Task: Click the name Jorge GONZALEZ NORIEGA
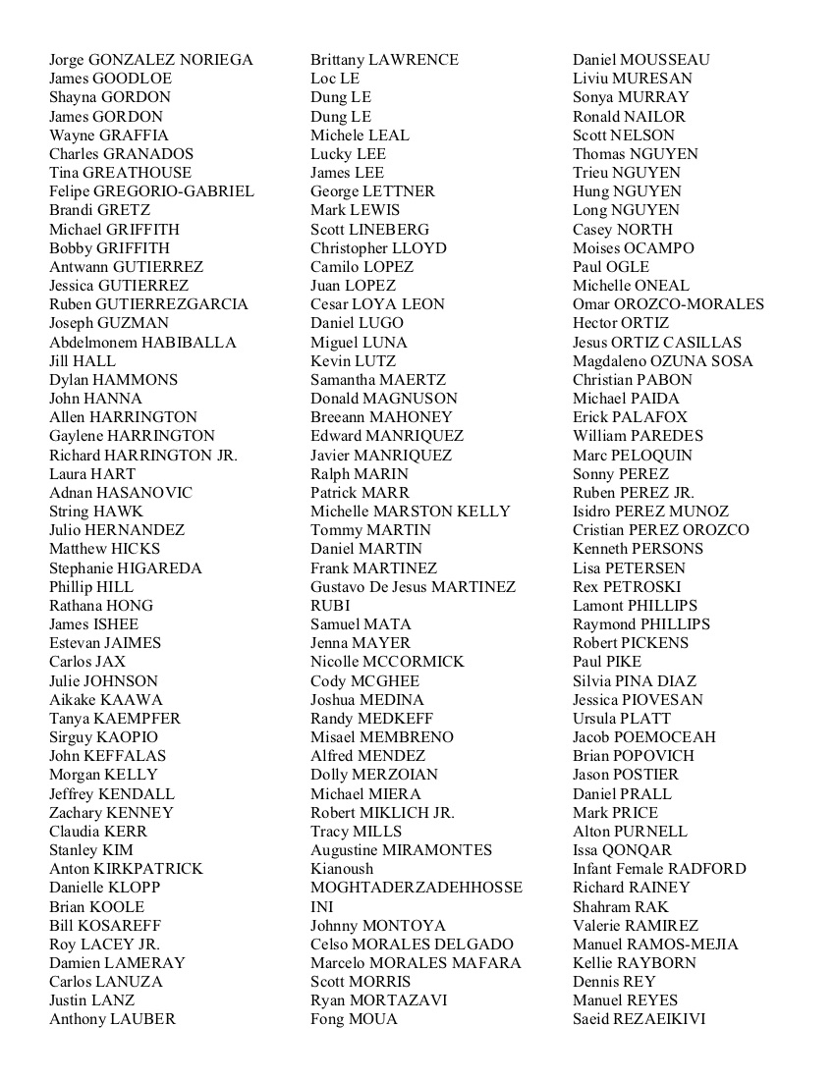point(151,60)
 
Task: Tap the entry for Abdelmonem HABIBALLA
point(142,343)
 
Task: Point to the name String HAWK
point(96,512)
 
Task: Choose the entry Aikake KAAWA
point(106,700)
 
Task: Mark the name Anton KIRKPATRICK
point(126,869)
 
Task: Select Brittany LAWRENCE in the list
point(384,60)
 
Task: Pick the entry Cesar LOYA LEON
point(377,304)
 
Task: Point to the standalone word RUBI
point(330,606)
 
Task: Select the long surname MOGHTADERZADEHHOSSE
point(417,888)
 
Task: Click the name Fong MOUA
point(354,1019)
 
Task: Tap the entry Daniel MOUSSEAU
point(640,60)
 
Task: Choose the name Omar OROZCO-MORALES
point(668,304)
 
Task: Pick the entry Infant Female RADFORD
point(659,869)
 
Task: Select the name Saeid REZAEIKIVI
point(639,1019)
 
